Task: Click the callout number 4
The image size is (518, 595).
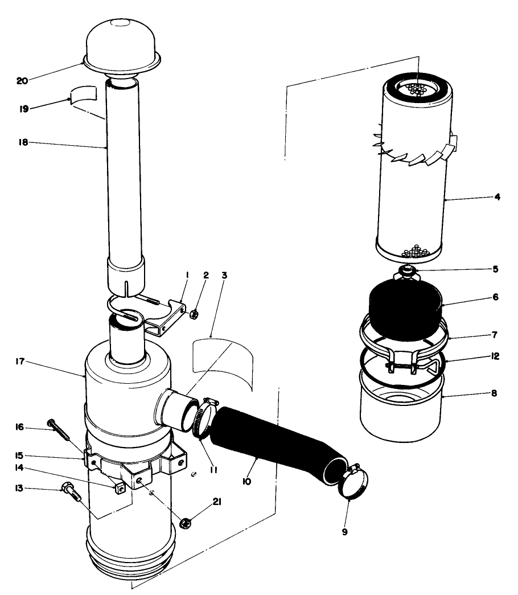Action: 497,198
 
